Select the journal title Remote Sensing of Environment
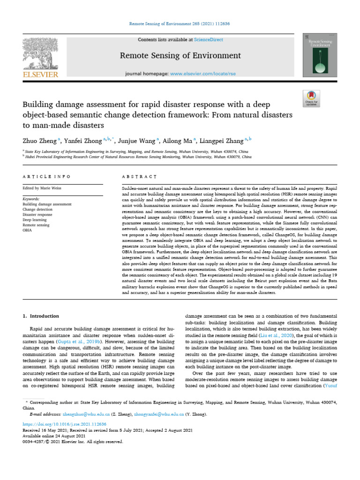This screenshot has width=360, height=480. click(180, 56)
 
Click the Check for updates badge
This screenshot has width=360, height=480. click(311, 97)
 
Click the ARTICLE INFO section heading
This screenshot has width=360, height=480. click(47, 176)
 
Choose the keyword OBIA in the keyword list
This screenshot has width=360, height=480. click(27, 230)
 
